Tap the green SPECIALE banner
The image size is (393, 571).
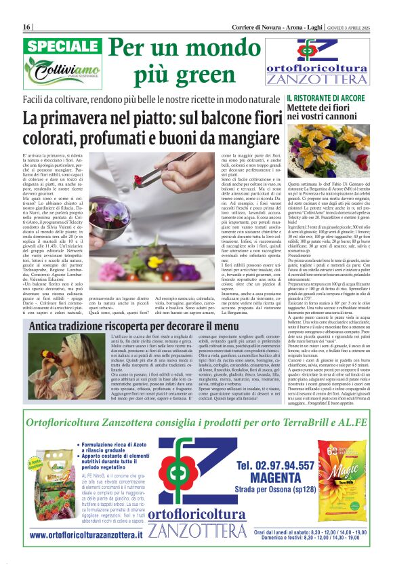[62, 47]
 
